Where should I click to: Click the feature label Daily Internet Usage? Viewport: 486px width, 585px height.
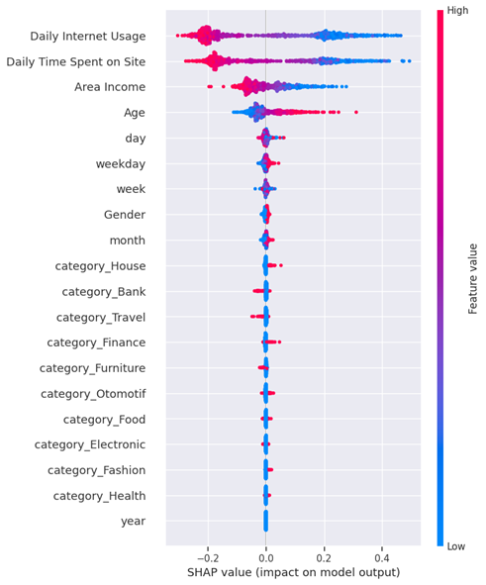tap(88, 37)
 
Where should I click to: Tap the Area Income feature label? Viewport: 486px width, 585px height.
tap(110, 88)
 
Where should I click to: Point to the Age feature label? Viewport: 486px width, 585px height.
tap(134, 113)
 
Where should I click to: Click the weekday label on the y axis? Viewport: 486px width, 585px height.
tap(120, 163)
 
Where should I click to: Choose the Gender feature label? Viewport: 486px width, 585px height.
tap(124, 215)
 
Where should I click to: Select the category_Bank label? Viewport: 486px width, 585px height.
tap(103, 291)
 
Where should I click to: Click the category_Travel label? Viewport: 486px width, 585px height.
tap(101, 317)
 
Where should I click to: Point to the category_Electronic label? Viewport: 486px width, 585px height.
tap(90, 444)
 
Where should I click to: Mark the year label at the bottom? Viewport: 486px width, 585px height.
tap(132, 521)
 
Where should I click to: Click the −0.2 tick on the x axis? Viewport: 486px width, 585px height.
tap(206, 555)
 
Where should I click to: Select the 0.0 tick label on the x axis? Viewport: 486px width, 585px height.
tap(265, 555)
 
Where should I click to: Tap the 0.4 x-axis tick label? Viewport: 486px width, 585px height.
tap(382, 555)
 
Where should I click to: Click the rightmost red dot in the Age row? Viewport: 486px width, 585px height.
tap(356, 112)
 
